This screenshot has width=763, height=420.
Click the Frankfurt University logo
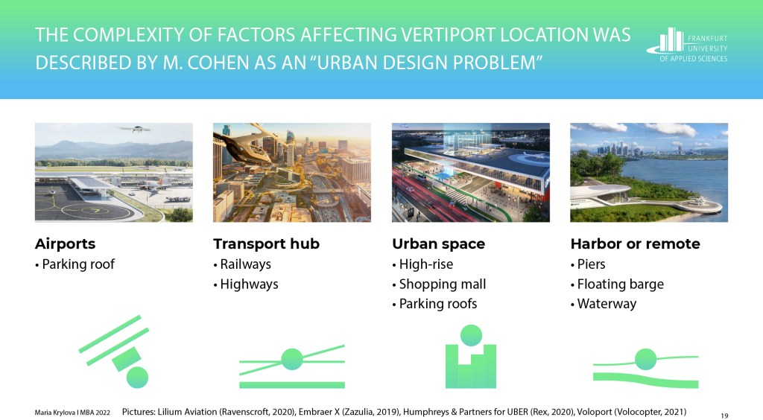(x=687, y=45)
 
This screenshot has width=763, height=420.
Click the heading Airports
(x=66, y=244)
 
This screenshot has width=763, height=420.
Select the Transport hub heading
(x=266, y=244)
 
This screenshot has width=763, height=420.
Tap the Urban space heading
(x=438, y=244)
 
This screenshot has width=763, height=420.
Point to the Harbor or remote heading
(x=635, y=244)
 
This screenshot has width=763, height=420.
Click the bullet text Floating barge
(x=621, y=284)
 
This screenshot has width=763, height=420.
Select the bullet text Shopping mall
(x=443, y=284)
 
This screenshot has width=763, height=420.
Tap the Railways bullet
(x=245, y=264)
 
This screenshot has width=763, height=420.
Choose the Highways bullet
(x=249, y=284)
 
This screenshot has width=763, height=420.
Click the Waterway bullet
(x=607, y=304)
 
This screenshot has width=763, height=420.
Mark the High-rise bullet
(x=425, y=264)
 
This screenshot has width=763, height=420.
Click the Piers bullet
(x=591, y=264)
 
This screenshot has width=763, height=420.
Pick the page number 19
(x=724, y=416)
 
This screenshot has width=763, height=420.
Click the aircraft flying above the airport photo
(x=135, y=130)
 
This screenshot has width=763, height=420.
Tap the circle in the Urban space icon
(x=471, y=335)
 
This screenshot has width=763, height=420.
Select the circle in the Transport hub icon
(x=292, y=359)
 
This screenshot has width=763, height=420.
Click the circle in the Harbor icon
(x=646, y=359)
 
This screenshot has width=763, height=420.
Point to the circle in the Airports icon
(x=137, y=378)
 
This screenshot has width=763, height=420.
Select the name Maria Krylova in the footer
(x=52, y=413)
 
